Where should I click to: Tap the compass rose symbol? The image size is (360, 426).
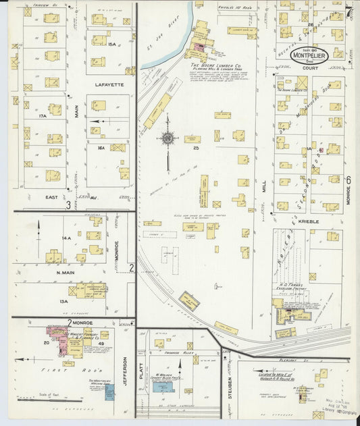[x=167, y=138]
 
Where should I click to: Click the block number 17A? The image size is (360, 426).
[x=43, y=116]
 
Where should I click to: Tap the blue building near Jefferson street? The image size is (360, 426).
[x=109, y=392]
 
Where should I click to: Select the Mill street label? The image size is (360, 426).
[x=263, y=182]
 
